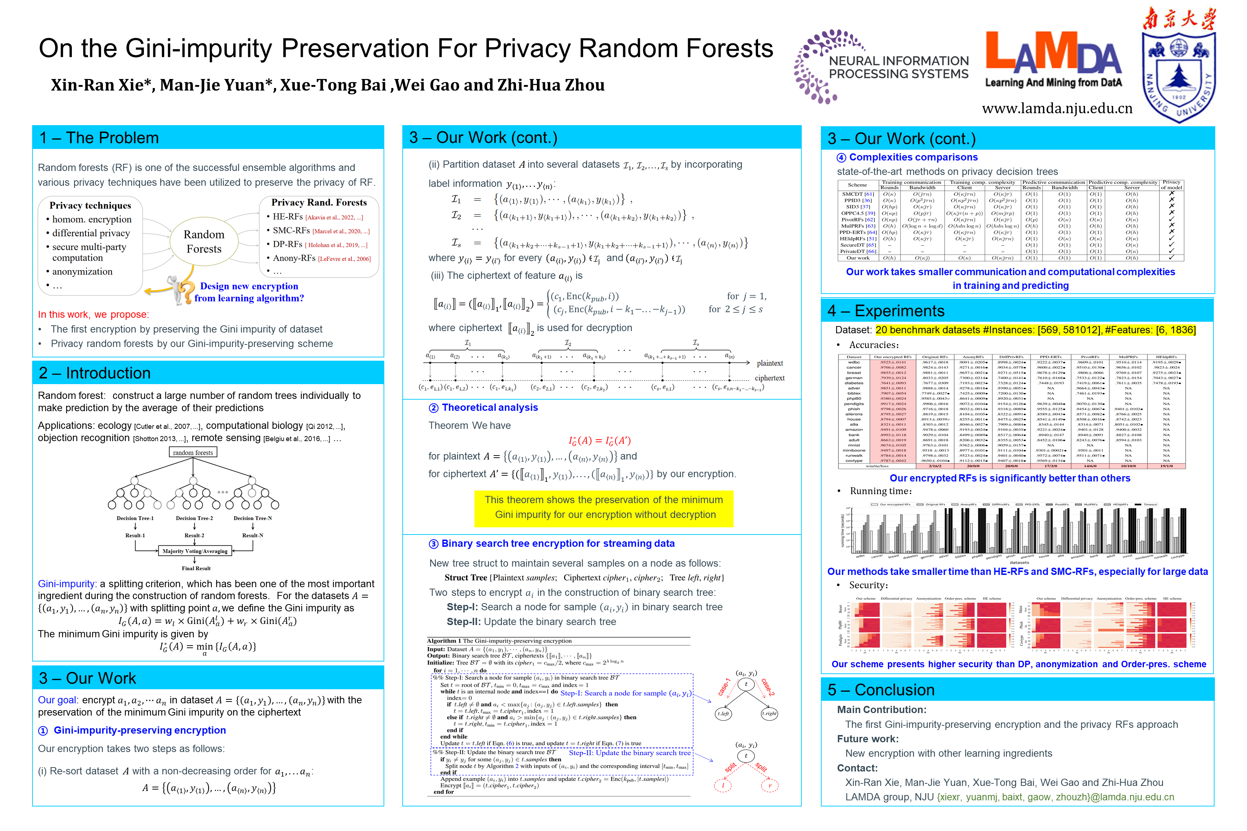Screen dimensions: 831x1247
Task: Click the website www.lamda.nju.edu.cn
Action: tap(1056, 109)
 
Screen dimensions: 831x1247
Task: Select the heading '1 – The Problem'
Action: tap(99, 138)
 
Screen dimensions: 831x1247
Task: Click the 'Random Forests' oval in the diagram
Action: tap(204, 242)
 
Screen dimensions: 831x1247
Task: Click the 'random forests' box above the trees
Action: tap(193, 453)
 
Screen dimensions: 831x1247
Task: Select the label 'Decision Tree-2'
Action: tap(194, 518)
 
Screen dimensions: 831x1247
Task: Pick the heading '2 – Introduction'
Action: tap(95, 373)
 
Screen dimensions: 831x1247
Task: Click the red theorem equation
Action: tap(600, 441)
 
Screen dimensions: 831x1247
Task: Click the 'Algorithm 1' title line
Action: tap(499, 641)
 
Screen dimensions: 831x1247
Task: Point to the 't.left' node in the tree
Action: tap(723, 713)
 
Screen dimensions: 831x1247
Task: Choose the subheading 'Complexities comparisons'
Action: tap(913, 157)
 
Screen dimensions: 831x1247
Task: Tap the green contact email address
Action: tap(1055, 797)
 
